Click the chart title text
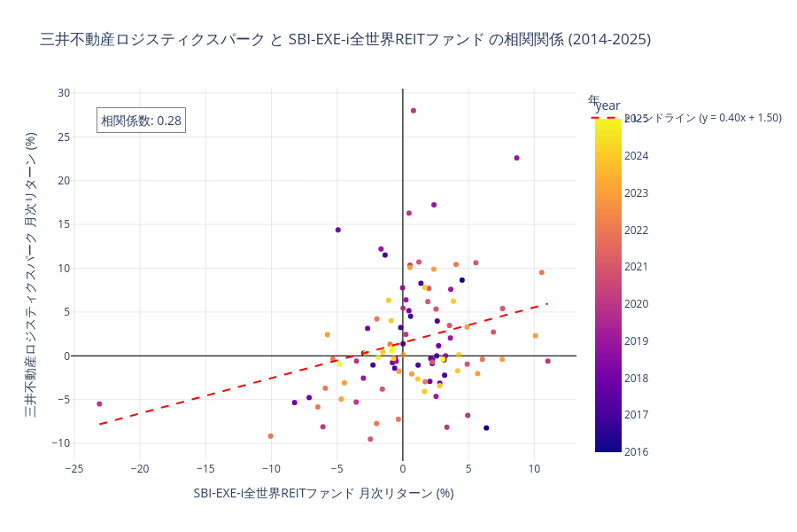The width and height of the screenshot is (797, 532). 345,39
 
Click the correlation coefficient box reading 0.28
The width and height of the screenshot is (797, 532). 141,121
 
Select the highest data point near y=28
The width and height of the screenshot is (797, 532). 414,111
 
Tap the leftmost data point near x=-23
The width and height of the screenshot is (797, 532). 99,403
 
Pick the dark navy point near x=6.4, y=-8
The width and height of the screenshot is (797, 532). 486,427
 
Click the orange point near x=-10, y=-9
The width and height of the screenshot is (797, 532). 270,436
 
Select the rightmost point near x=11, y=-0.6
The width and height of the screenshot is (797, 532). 547,361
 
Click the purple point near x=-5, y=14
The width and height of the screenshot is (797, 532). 338,230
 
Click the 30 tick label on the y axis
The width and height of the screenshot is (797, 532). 64,92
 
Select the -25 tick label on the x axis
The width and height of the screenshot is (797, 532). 74,468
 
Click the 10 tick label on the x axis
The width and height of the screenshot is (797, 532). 534,468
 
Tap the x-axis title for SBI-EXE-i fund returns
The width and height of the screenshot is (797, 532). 323,493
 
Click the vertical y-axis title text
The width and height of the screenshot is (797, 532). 30,275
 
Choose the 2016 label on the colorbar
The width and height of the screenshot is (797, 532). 636,451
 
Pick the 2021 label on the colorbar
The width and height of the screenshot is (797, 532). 636,266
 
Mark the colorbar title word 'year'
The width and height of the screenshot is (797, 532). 607,106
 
